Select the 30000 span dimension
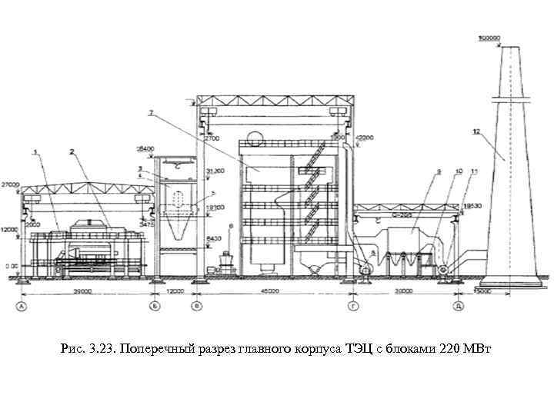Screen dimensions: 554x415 (402, 291)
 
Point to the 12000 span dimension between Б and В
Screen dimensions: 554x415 (177, 291)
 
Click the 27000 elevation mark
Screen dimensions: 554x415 (10, 184)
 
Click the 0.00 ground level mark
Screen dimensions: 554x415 (10, 266)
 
